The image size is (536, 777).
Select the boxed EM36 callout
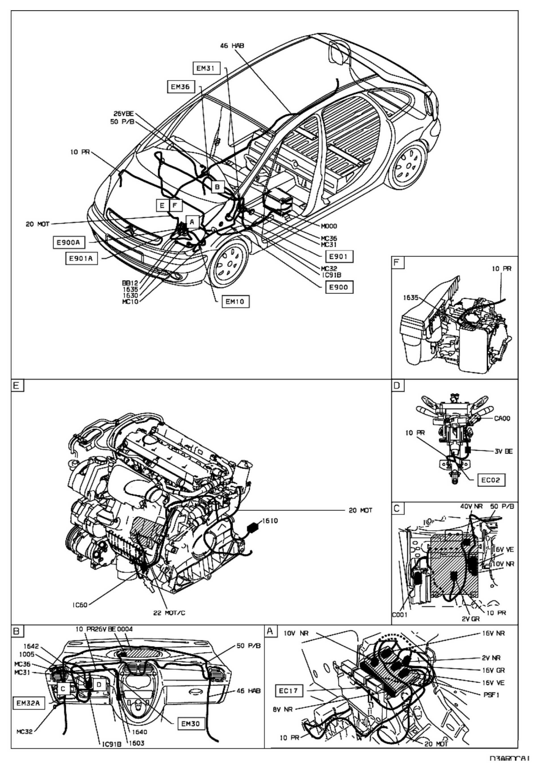(x=180, y=87)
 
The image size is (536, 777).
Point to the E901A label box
(x=81, y=259)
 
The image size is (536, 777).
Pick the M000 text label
(x=328, y=226)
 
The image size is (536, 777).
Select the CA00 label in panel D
(x=502, y=419)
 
